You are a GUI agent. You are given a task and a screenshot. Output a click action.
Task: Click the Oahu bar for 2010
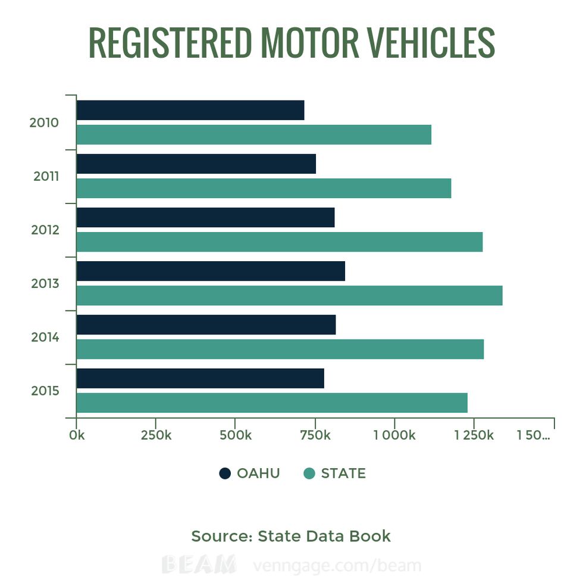190,111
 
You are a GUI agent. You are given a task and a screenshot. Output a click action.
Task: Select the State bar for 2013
289,296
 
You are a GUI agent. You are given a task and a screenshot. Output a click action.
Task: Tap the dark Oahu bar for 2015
200,378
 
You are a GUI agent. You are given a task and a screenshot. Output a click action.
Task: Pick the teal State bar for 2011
264,189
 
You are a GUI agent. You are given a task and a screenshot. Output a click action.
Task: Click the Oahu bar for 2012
205,218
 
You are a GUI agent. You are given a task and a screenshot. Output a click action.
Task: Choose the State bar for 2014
280,349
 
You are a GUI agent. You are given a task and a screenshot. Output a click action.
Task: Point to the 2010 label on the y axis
44,123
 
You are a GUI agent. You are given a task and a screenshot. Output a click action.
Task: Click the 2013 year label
45,283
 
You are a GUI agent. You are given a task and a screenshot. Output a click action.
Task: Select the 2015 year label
45,391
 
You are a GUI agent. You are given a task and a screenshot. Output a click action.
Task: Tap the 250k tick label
156,435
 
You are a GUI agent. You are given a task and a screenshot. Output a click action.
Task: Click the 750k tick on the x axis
315,435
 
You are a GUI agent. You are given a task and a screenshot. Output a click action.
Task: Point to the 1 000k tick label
394,435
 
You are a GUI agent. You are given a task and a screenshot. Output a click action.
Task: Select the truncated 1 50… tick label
534,435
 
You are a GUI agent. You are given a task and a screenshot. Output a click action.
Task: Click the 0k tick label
77,435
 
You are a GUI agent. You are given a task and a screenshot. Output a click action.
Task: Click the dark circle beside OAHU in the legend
225,474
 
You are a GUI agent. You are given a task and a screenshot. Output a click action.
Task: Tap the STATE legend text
343,474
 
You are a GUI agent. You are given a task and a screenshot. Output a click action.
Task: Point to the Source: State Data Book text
291,536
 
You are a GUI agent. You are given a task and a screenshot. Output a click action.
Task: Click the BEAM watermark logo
199,564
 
